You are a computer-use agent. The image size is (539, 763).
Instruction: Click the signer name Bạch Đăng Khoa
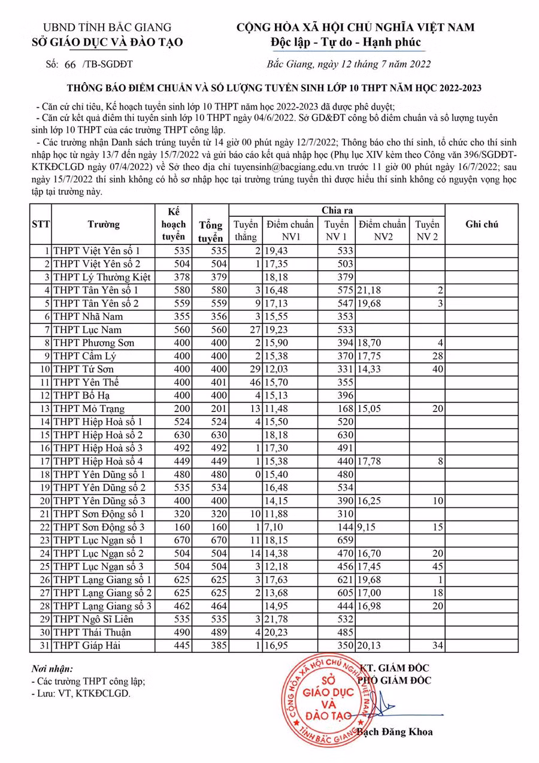pos(395,732)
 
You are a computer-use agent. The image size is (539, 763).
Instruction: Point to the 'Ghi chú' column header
pos(482,225)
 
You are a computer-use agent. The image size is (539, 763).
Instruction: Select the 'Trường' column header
pos(103,225)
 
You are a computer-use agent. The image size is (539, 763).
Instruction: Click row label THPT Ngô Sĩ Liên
pos(93,619)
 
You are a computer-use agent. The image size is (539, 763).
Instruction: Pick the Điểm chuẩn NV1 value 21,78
pos(277,619)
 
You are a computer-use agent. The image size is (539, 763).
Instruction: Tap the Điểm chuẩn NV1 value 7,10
pos(273,527)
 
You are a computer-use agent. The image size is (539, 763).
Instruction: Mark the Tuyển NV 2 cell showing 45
pos(437,567)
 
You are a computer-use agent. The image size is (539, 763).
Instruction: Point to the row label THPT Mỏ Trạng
pos(89,408)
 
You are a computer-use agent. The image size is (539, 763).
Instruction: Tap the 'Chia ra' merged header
pos(337,210)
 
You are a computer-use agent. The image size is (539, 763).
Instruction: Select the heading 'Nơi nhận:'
pos(52,669)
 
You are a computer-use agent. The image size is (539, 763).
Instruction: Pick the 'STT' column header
pos(41,225)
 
